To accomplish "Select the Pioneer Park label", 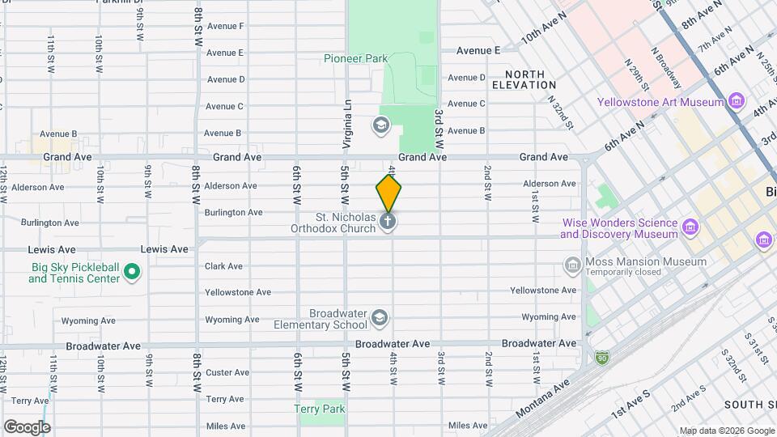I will point(355,58).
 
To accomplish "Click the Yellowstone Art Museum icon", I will point(736,102).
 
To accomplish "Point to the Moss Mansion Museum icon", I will point(572,265).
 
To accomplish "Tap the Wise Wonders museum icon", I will point(690,228).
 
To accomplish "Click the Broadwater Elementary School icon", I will point(380,319).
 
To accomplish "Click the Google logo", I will point(27,426).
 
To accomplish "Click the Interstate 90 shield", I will point(602,355).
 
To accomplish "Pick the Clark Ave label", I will point(224,266).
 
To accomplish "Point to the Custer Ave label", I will point(227,372).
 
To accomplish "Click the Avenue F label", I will point(225,26).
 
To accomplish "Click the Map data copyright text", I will point(725,430).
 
